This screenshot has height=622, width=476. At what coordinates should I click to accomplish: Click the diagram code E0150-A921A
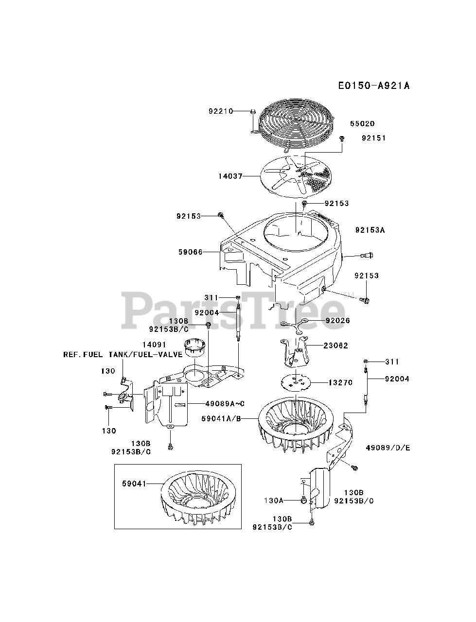click(374, 86)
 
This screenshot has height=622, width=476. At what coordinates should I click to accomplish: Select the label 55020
click(362, 124)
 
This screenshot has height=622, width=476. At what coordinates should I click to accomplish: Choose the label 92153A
click(370, 230)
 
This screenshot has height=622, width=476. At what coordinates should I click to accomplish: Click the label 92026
click(338, 320)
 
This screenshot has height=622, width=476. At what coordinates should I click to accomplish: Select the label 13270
click(340, 382)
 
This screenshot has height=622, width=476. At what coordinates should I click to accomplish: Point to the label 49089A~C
click(211, 403)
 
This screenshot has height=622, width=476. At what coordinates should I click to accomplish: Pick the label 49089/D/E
click(387, 447)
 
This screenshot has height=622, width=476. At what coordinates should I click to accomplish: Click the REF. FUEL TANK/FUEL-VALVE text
click(123, 355)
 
